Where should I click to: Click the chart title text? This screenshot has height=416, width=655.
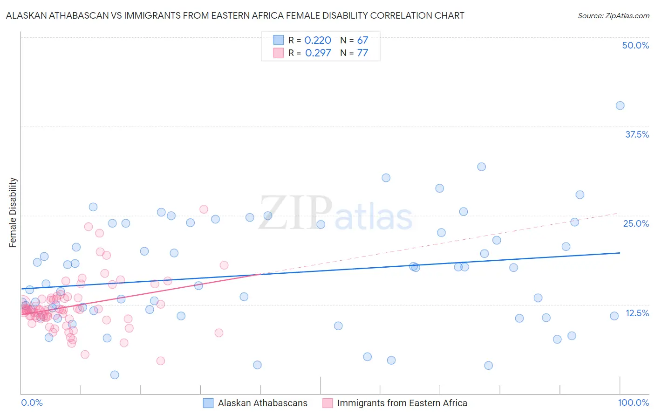(x=235, y=15)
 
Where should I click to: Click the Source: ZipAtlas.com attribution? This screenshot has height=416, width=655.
(x=613, y=15)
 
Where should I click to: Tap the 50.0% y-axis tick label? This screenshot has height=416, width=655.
(x=635, y=45)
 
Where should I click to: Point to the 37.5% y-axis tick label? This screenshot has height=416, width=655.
(x=637, y=134)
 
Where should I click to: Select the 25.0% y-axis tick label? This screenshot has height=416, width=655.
(x=636, y=223)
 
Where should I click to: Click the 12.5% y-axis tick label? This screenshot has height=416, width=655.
(x=637, y=313)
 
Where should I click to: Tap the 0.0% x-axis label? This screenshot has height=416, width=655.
(x=32, y=402)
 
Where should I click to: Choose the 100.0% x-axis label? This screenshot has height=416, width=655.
(x=633, y=402)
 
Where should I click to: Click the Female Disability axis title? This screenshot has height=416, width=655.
(x=13, y=212)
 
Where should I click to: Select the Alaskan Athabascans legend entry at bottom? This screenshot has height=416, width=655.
(x=262, y=403)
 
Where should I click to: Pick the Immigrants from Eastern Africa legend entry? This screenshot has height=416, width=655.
(x=402, y=403)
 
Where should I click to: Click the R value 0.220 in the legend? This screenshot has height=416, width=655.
(x=318, y=41)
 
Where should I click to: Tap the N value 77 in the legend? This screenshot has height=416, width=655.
(x=362, y=53)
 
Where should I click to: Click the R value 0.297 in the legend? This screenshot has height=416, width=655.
(x=318, y=53)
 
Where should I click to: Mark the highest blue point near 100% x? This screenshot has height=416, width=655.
(x=620, y=105)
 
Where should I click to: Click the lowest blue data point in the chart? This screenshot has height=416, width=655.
(x=115, y=375)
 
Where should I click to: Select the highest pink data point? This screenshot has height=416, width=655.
(x=204, y=209)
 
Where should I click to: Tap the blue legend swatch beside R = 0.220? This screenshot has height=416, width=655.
(x=278, y=41)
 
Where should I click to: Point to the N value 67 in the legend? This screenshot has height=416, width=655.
(x=362, y=41)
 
